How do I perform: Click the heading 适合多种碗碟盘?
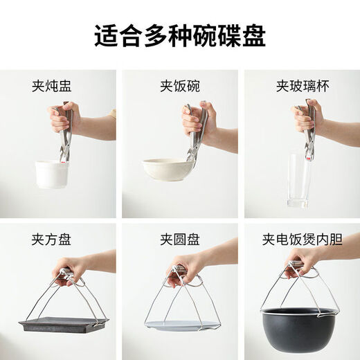pos(180,33)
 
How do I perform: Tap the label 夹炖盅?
pos(51,86)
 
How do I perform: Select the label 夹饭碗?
pos(179,86)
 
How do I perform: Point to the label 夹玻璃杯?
pos(301,86)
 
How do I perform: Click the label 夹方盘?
pos(51,240)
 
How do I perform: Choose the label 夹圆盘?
pos(179,240)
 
